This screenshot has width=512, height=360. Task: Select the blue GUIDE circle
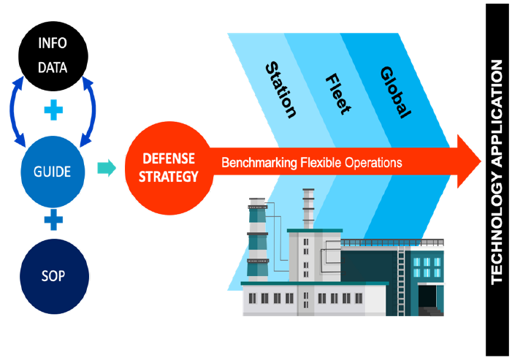[x=53, y=172]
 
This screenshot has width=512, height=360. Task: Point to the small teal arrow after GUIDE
[x=107, y=169]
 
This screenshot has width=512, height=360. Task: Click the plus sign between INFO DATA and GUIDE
[x=53, y=112]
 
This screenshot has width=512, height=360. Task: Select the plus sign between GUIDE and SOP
[x=53, y=219]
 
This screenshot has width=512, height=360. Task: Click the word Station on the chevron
[x=280, y=90]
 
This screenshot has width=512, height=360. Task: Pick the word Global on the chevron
[x=395, y=92]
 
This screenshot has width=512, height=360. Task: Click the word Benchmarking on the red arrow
[x=259, y=162]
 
